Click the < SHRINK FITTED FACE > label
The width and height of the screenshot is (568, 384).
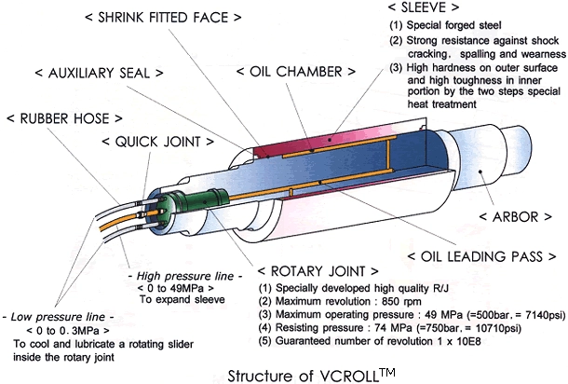click(x=172, y=17)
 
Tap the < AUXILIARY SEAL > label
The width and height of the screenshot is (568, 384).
click(x=100, y=72)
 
